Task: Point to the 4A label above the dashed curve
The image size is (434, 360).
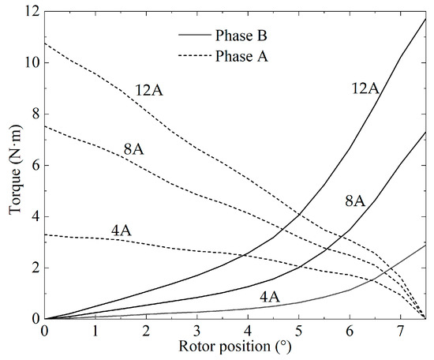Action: tap(121, 231)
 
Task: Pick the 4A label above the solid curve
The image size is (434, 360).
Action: tap(270, 296)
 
